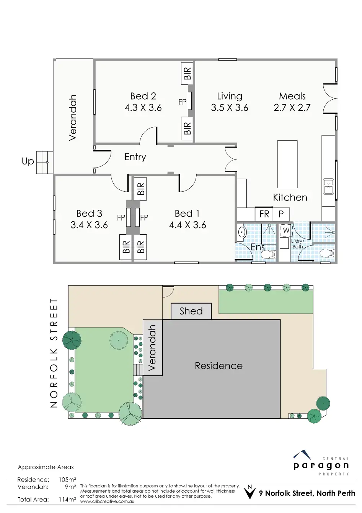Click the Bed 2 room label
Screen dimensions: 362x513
coord(143,96)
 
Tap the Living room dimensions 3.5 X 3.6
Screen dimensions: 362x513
coord(229,108)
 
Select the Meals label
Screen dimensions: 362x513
coord(292,96)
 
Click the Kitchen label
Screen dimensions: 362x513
coord(290,197)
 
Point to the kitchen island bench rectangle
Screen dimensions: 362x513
coord(287,164)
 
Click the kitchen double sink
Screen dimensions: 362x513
coord(329,187)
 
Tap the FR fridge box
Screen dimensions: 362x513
coord(264,214)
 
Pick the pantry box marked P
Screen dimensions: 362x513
coord(281,214)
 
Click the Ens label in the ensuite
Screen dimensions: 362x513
coord(258,247)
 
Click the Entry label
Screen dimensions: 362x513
coord(135,157)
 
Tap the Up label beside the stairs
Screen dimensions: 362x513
coord(28,161)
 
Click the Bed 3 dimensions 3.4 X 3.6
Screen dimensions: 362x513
coord(89,225)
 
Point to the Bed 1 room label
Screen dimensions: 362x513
coord(187,213)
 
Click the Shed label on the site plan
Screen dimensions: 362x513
coord(191,311)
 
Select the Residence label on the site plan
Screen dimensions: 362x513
coord(219,366)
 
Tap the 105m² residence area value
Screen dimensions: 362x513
coord(67,480)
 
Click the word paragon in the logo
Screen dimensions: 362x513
coord(321,466)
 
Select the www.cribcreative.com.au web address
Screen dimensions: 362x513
coord(107,501)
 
